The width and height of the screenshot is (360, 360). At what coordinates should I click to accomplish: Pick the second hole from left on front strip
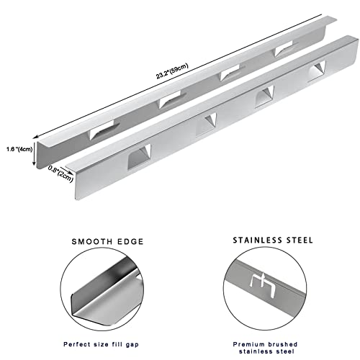(209, 120)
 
